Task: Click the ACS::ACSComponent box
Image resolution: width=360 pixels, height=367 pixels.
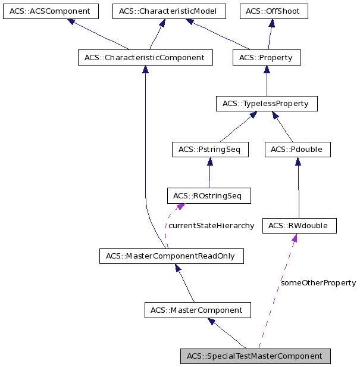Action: (x=50, y=11)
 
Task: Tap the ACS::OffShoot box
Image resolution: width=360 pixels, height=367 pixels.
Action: (x=274, y=11)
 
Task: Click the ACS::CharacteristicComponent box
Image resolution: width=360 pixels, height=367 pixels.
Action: (x=145, y=58)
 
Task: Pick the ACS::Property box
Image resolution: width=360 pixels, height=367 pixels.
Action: (x=267, y=58)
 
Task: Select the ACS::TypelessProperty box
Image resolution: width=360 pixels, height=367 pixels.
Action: (x=266, y=104)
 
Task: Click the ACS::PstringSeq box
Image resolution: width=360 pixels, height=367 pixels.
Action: (x=209, y=150)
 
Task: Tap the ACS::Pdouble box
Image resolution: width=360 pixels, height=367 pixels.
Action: (x=297, y=150)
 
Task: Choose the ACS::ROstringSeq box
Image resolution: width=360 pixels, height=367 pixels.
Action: (x=209, y=195)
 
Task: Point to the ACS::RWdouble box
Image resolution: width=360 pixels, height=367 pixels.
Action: (x=299, y=226)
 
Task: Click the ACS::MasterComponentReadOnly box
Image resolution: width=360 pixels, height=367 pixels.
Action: (x=171, y=257)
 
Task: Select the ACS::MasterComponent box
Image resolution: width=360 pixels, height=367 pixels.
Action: (x=197, y=310)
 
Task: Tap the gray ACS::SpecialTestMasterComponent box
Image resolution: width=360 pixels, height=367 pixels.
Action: (x=255, y=356)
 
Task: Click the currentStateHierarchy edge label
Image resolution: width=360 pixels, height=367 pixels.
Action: (x=211, y=226)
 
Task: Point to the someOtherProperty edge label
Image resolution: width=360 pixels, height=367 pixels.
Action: (x=318, y=282)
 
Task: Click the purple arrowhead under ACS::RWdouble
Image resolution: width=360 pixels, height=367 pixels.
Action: (x=294, y=238)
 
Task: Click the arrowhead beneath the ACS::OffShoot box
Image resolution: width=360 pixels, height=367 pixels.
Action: (x=272, y=24)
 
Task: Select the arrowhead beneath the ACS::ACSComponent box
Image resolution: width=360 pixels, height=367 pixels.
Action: (x=71, y=22)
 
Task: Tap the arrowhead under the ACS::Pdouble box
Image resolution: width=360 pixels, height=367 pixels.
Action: (x=298, y=161)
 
